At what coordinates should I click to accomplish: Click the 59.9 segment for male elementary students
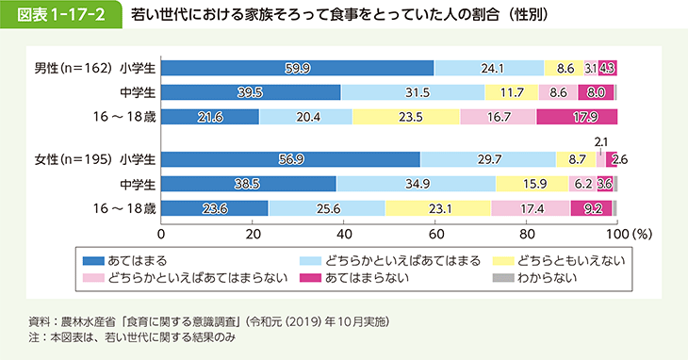point(297,68)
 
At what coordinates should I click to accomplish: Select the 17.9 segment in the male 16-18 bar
point(577,117)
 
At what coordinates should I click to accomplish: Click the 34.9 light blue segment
point(415,184)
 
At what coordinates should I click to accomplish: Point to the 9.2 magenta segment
point(593,208)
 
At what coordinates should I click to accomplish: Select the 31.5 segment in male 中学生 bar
point(413,92)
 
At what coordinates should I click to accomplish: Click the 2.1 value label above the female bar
point(600,140)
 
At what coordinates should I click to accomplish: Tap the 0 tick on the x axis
point(162,233)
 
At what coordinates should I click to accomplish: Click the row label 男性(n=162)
point(74,68)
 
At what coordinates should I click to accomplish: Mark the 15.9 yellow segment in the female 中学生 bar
point(532,184)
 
